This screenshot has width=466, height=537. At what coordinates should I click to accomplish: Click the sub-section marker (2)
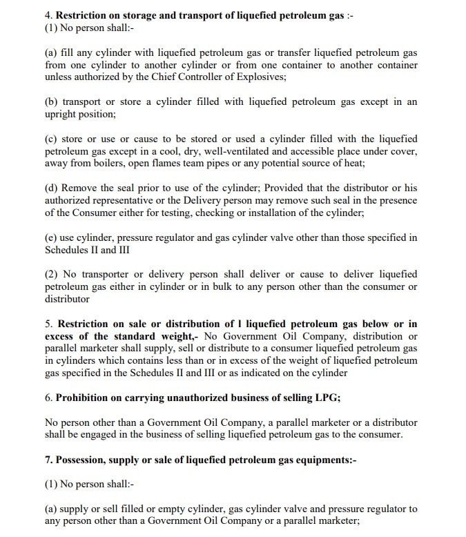click(52, 275)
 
